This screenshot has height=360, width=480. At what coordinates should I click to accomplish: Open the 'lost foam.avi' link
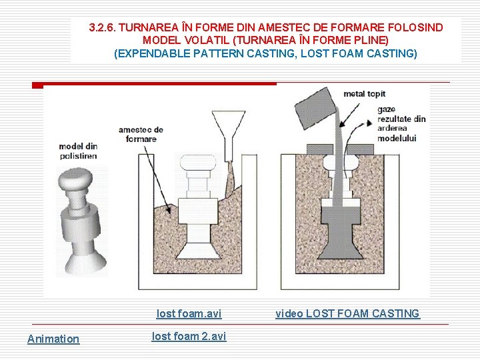pyautogui.click(x=189, y=314)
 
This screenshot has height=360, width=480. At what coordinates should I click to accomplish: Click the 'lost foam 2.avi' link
pyautogui.click(x=189, y=337)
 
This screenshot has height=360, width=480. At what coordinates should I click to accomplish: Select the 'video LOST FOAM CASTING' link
pyautogui.click(x=348, y=314)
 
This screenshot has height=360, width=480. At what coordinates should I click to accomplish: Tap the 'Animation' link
pyautogui.click(x=53, y=339)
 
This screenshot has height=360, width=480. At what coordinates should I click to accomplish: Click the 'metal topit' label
pyautogui.click(x=364, y=94)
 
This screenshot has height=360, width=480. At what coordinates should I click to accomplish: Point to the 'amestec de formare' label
pyautogui.click(x=141, y=135)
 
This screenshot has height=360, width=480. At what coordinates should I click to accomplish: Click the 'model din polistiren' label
pyautogui.click(x=79, y=151)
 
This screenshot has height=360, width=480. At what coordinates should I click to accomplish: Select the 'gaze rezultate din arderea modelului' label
pyautogui.click(x=401, y=124)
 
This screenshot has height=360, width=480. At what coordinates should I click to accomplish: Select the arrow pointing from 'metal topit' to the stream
pyautogui.click(x=349, y=115)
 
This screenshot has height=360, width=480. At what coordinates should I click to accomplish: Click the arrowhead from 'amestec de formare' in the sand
pyautogui.click(x=167, y=209)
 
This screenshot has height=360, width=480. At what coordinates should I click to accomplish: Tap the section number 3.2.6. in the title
pyautogui.click(x=103, y=27)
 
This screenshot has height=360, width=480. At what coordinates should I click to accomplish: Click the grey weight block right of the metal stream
pyautogui.click(x=360, y=149)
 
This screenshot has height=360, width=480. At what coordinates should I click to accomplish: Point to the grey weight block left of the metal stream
pyautogui.click(x=319, y=149)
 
